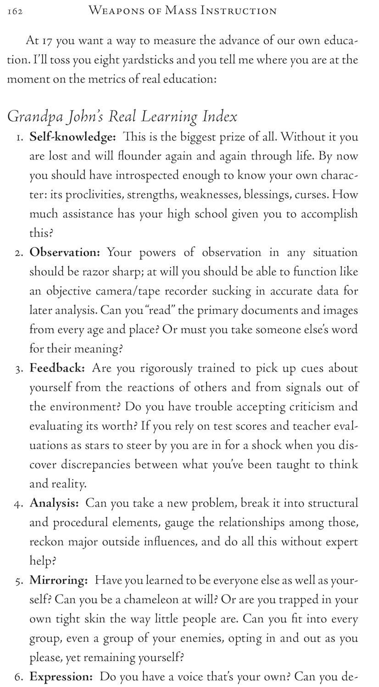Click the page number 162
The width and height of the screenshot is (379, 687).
pos(16,11)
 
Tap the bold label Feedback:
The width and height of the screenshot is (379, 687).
pos(57,368)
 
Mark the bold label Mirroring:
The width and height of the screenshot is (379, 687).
pos(59,580)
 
